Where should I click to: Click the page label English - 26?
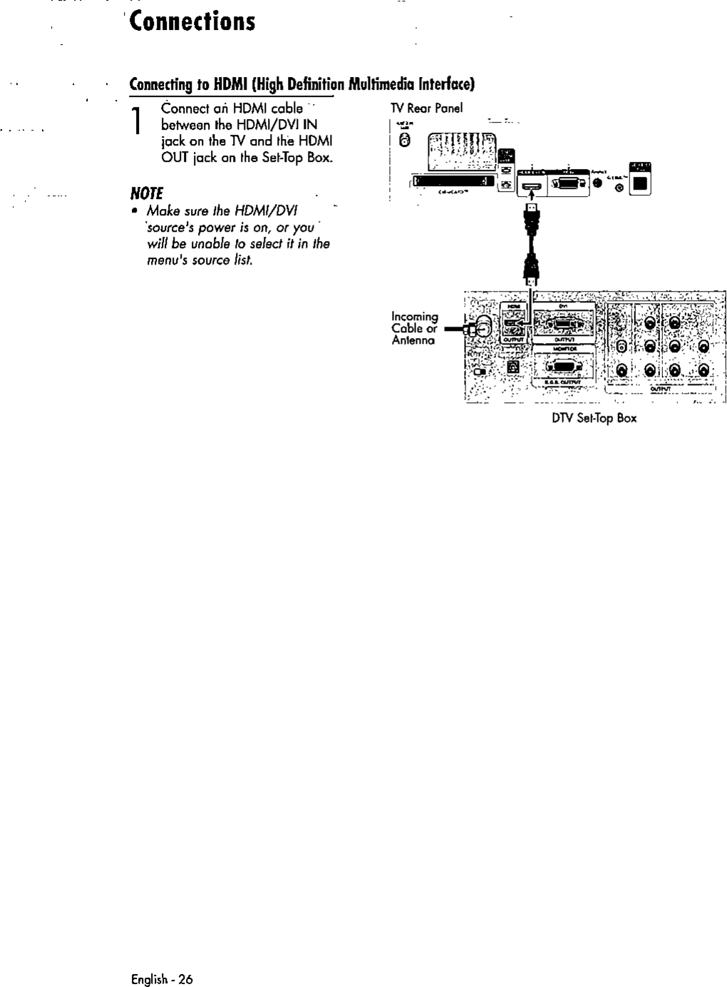point(161,978)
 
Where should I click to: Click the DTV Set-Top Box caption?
point(594,418)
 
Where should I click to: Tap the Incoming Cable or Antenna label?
point(414,328)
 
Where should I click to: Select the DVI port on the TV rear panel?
point(567,183)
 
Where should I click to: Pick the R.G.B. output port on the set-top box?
point(563,368)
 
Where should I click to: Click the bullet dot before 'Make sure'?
point(134,212)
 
